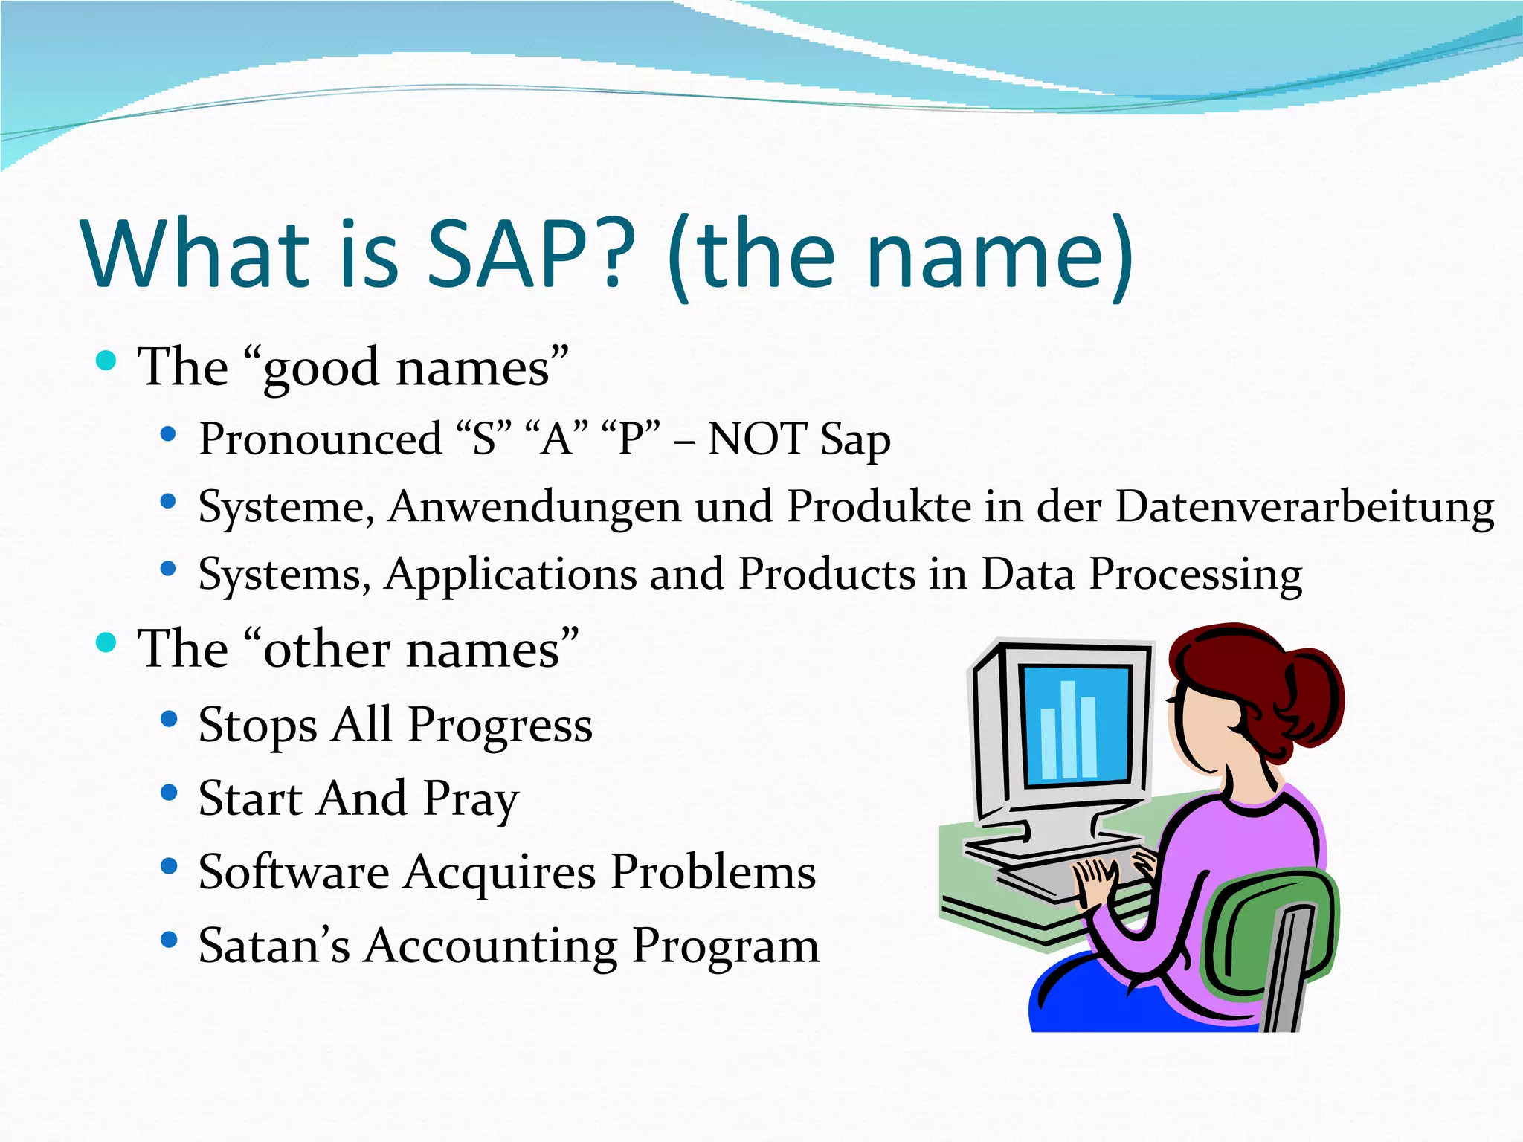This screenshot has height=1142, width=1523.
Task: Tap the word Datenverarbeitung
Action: click(1305, 508)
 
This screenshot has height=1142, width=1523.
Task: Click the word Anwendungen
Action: click(534, 509)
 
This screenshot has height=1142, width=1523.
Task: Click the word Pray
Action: click(471, 801)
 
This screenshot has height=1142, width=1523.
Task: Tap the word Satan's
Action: click(273, 946)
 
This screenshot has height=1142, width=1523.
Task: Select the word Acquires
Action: click(499, 872)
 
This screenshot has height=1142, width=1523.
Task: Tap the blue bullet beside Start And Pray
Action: click(169, 793)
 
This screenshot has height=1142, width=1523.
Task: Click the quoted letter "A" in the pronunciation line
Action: click(556, 439)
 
